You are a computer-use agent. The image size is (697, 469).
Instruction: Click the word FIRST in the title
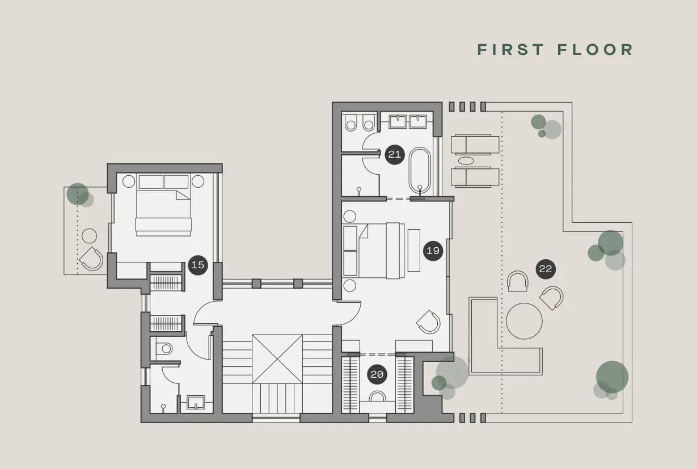click(x=510, y=50)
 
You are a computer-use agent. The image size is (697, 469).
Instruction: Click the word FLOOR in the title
click(x=595, y=50)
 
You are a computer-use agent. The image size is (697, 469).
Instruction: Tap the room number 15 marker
click(x=198, y=265)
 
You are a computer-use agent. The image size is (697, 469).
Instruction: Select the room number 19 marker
click(x=433, y=251)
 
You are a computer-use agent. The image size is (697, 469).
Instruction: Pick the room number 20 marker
click(x=377, y=374)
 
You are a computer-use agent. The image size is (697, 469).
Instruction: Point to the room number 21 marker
click(x=395, y=154)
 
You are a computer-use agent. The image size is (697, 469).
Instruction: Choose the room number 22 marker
click(x=546, y=269)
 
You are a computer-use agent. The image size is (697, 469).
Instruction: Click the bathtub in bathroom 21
click(x=420, y=171)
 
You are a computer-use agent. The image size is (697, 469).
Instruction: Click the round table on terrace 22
click(x=524, y=321)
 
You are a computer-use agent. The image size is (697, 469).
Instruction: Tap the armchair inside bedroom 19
click(x=429, y=322)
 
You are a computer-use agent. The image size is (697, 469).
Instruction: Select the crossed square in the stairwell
click(x=277, y=359)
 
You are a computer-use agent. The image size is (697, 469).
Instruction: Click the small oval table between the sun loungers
click(x=466, y=160)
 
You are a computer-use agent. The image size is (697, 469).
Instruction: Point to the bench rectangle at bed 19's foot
click(x=414, y=250)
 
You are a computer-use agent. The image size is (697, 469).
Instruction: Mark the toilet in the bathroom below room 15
click(x=164, y=349)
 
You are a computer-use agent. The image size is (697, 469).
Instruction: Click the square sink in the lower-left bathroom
click(x=196, y=402)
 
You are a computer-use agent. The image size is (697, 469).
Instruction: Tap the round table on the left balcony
click(x=89, y=236)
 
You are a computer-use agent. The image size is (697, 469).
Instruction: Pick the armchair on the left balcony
click(x=91, y=259)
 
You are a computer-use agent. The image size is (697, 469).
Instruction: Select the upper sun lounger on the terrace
click(x=475, y=145)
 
